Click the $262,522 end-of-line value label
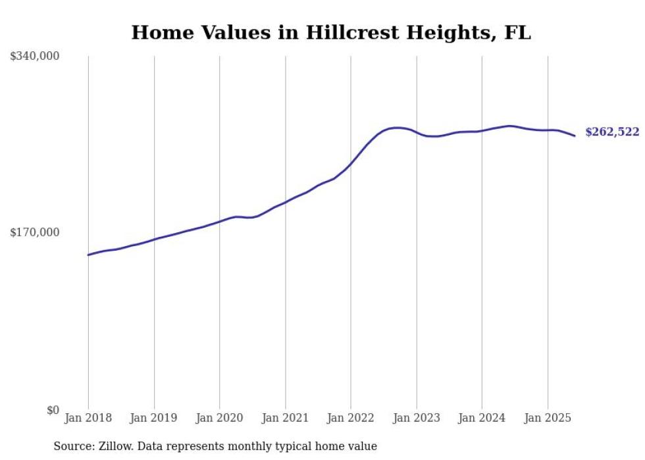pos(612,132)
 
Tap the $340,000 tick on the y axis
pos(35,57)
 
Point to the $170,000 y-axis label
pos(35,232)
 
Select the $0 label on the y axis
pos(53,411)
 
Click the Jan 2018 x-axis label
pos(88,418)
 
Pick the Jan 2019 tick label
pos(154,418)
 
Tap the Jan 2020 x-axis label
pos(220,418)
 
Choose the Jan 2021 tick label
pos(285,418)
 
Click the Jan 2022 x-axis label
pos(351,418)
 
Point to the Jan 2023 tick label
pos(416,418)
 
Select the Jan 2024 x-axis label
pos(482,418)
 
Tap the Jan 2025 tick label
pos(548,418)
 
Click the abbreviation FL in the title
pos(517,33)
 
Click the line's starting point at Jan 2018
pos(88,255)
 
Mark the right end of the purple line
pos(575,136)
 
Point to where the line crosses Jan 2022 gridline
pos(351,164)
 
